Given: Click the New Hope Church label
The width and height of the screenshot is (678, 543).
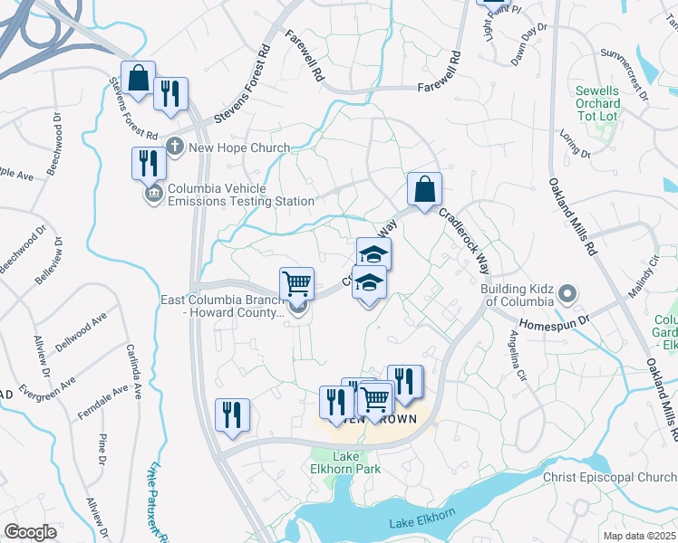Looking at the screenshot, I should pyautogui.click(x=239, y=148).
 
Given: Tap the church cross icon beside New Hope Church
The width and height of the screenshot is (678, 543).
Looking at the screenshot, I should pyautogui.click(x=174, y=148).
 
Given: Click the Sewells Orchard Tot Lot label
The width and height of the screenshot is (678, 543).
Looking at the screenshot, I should pyautogui.click(x=597, y=104).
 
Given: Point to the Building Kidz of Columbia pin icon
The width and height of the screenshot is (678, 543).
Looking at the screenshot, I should pyautogui.click(x=567, y=293).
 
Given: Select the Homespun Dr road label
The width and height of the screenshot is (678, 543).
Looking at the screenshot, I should pyautogui.click(x=555, y=321).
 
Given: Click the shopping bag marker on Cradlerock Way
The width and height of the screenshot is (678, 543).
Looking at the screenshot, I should pyautogui.click(x=424, y=190).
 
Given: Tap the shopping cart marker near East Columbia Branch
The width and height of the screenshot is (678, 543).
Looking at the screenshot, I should pyautogui.click(x=296, y=284).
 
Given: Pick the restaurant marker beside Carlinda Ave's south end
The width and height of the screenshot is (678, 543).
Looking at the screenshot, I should pyautogui.click(x=232, y=415).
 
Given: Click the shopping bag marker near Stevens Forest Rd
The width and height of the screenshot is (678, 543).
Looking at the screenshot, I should pyautogui.click(x=138, y=80).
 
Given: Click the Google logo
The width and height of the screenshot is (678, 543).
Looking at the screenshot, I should pyautogui.click(x=30, y=532).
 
